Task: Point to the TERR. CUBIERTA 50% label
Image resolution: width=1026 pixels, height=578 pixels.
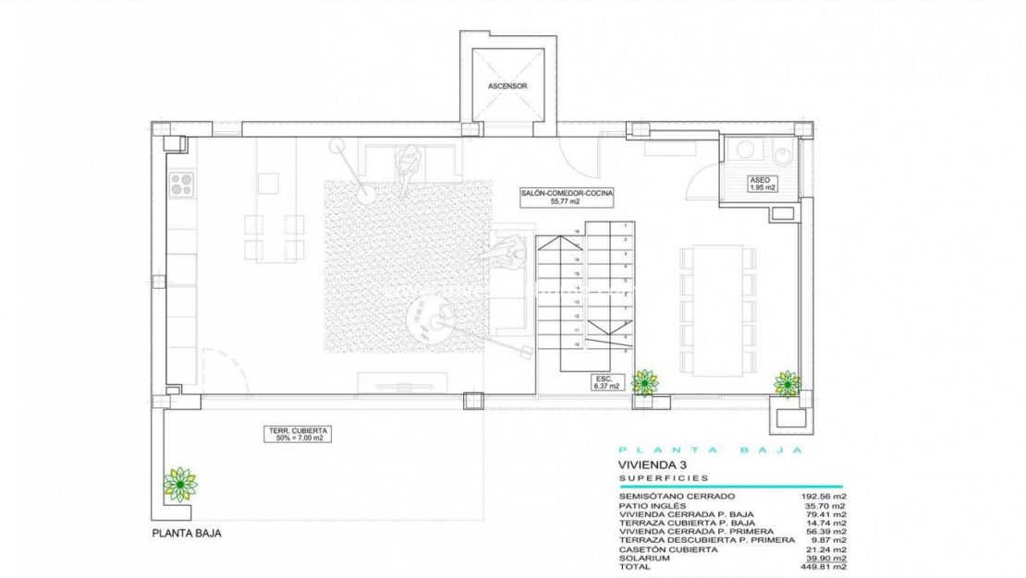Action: [x=300, y=433]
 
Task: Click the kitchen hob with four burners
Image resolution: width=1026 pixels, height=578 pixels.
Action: [x=181, y=184]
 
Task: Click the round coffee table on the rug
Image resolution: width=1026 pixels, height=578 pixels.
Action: [x=427, y=319]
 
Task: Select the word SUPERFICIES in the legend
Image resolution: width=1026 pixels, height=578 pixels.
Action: [x=663, y=478]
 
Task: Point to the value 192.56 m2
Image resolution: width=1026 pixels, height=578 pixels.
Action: [x=821, y=496]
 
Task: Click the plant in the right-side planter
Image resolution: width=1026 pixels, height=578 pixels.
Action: [x=787, y=383]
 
